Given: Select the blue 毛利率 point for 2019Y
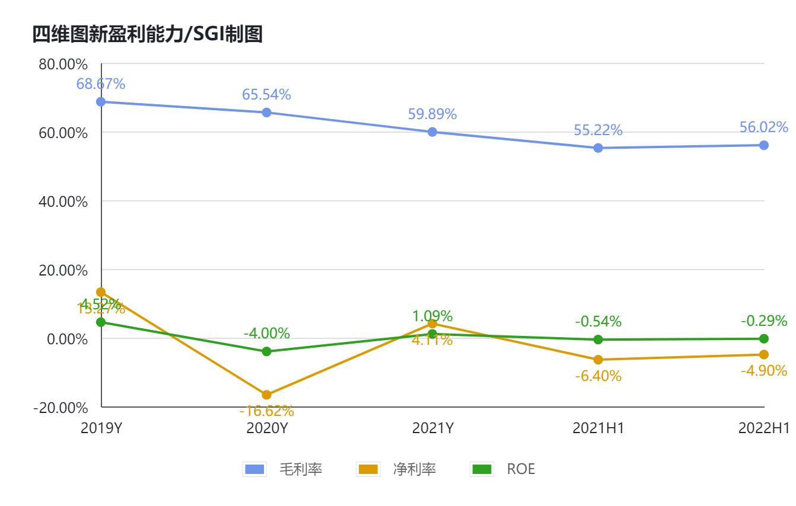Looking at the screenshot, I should [101, 102].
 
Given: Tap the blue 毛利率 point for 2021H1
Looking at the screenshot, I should [598, 148].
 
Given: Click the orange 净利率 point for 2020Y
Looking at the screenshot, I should [266, 395].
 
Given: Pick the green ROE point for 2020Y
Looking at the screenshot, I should [266, 351].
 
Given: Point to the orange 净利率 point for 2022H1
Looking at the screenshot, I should [764, 354].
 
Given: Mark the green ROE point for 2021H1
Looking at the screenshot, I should [598, 340].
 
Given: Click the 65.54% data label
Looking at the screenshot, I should [266, 94].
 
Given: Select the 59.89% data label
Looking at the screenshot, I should [432, 114].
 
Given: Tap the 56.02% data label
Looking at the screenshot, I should [763, 127].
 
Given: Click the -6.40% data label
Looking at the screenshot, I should [598, 376].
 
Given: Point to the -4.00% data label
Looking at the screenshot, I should [266, 333].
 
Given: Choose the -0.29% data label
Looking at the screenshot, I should [763, 321].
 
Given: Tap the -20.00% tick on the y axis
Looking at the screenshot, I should [61, 408].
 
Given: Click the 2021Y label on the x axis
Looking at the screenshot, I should [432, 427].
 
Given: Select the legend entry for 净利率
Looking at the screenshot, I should [397, 470].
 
